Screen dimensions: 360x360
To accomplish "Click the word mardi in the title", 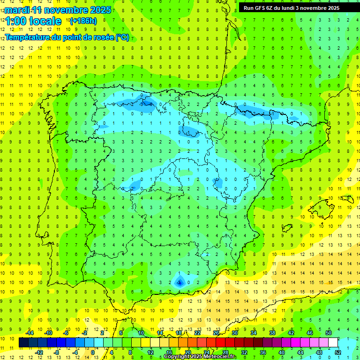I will click(15, 10).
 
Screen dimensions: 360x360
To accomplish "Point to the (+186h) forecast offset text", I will click(83, 21).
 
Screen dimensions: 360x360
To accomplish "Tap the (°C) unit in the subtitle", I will click(122, 37).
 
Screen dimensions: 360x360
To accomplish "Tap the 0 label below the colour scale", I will click(93, 352).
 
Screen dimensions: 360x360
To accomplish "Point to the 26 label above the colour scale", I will click(216, 333).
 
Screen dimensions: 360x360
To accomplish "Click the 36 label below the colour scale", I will click(263, 352).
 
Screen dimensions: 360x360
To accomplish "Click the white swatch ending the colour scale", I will click(333, 343).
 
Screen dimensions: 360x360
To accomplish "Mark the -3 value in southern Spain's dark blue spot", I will click(179, 282).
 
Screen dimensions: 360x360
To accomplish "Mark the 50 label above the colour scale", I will click(329, 333).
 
